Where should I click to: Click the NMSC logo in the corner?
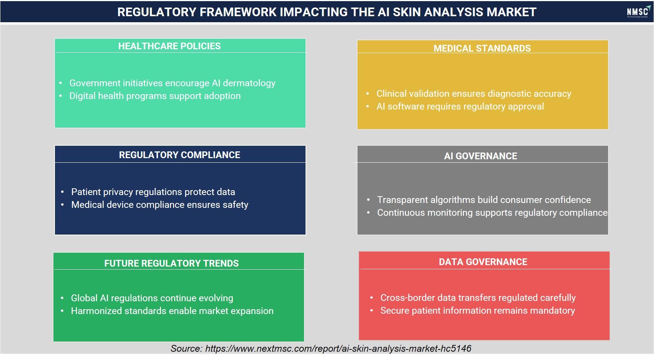(x=638, y=12)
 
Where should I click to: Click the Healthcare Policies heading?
(x=169, y=46)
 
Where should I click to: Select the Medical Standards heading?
(x=482, y=48)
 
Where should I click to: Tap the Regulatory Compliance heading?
(x=179, y=155)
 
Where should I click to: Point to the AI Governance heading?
(x=481, y=156)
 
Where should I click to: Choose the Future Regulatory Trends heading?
(x=172, y=263)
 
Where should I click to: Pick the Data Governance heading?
(x=483, y=262)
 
